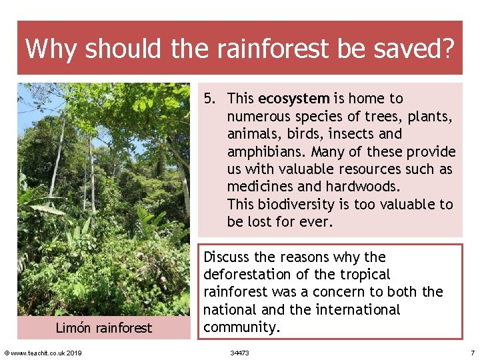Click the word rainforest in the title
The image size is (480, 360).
[x=257, y=48]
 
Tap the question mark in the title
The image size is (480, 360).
[x=447, y=48]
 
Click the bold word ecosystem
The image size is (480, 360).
[x=293, y=99]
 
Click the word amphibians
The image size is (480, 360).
[x=263, y=151]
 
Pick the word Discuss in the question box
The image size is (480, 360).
[x=228, y=257]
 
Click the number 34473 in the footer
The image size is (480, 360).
[x=239, y=352]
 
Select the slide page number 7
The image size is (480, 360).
[x=472, y=352]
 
